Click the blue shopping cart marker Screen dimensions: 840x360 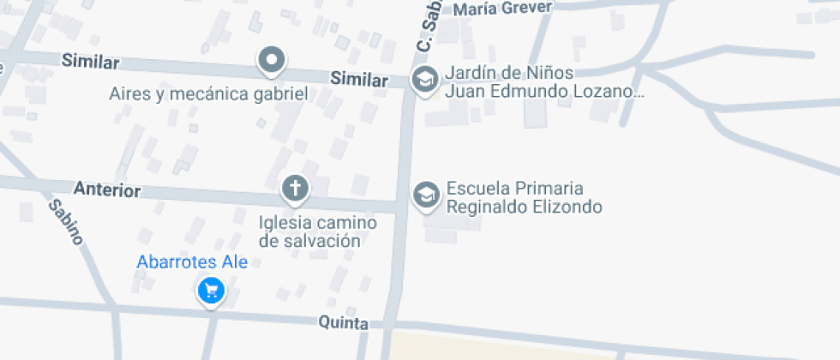210,292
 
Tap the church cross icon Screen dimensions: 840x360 295,188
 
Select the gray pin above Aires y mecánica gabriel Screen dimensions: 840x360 272,60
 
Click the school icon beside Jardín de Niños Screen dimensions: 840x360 423,81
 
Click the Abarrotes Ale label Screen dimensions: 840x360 192,262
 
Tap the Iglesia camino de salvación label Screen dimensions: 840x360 318,231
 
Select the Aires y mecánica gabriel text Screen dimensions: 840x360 207,93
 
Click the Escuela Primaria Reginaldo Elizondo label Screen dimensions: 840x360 524,197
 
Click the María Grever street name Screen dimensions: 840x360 503,9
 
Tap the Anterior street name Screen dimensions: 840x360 107,189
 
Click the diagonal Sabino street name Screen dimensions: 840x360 65,221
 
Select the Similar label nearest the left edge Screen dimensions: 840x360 91,62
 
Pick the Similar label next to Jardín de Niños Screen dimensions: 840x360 359,80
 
